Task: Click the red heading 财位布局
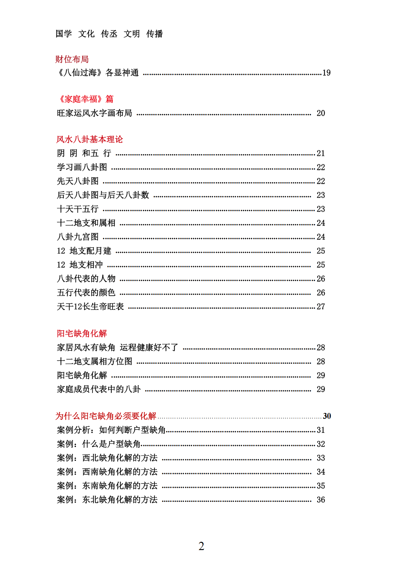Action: pyautogui.click(x=72, y=59)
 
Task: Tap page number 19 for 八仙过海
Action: pyautogui.click(x=326, y=73)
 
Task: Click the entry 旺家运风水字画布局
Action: pyautogui.click(x=94, y=113)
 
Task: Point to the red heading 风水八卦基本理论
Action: pyautogui.click(x=90, y=139)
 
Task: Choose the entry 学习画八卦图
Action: pyautogui.click(x=82, y=167)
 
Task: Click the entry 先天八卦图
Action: pyautogui.click(x=78, y=181)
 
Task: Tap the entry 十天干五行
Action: pyautogui.click(x=78, y=209)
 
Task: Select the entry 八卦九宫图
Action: pyautogui.click(x=78, y=237)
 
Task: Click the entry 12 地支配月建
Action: pyautogui.click(x=84, y=251)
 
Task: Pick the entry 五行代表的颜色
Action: pyautogui.click(x=86, y=293)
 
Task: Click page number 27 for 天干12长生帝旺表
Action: pyautogui.click(x=321, y=307)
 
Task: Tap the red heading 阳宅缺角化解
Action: pyautogui.click(x=82, y=334)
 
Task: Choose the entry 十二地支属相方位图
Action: pyautogui.click(x=95, y=362)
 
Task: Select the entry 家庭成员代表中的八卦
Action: pyautogui.click(x=99, y=389)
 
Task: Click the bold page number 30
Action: pyautogui.click(x=327, y=416)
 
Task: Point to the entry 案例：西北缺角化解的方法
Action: pyautogui.click(x=107, y=458)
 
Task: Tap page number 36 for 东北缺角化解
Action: pyautogui.click(x=321, y=500)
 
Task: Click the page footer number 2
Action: pyautogui.click(x=201, y=546)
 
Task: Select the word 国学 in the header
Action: pyautogui.click(x=64, y=34)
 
